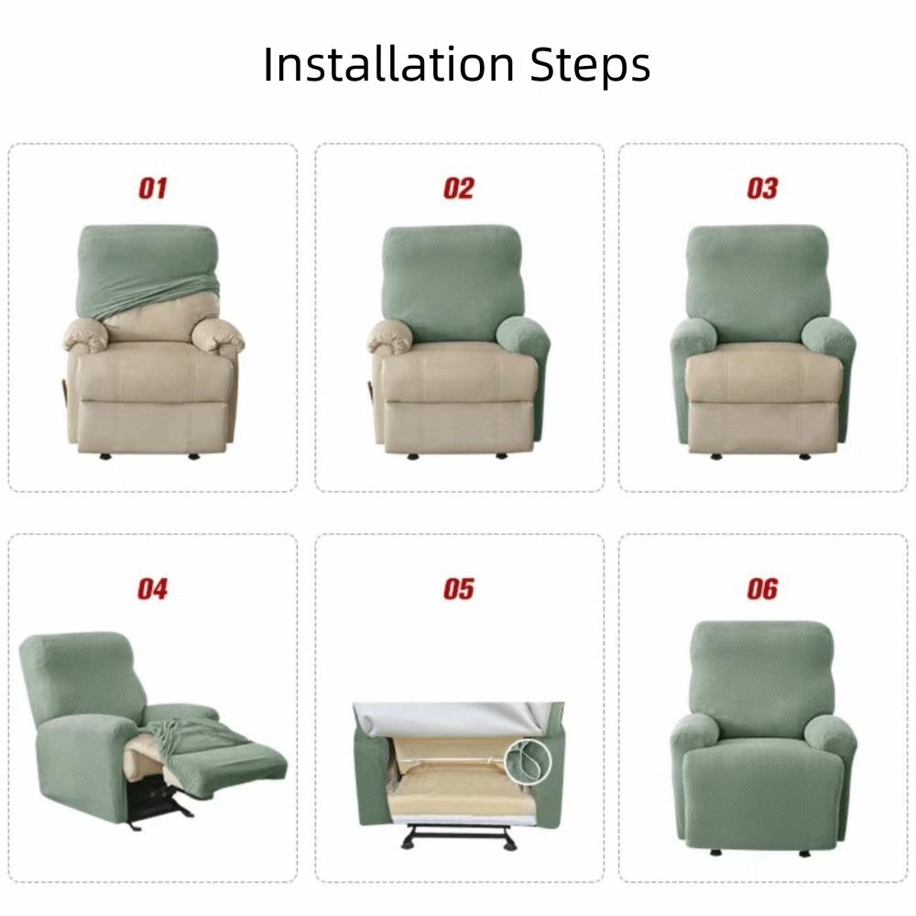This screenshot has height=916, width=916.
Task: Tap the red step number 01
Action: click(153, 189)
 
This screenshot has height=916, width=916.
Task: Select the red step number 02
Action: click(458, 189)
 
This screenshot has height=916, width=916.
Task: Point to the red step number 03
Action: click(762, 189)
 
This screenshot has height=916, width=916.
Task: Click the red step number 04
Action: click(153, 589)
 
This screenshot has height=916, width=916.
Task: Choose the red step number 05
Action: click(458, 589)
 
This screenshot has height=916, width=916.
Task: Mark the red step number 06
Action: click(762, 589)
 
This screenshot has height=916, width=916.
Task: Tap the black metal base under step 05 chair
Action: click(458, 835)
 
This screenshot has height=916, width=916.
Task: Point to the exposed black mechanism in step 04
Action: click(156, 801)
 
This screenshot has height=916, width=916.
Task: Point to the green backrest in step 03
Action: click(758, 279)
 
